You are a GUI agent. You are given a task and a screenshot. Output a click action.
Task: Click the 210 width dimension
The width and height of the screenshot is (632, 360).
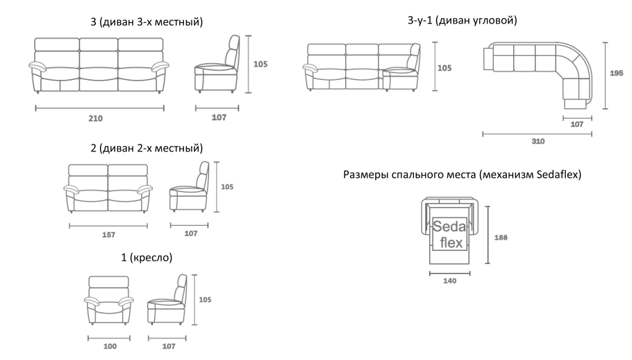pos(95,118)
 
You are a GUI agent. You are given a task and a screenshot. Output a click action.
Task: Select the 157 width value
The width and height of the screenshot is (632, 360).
pos(108,235)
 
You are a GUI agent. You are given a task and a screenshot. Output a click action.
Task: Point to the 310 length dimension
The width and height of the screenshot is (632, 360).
pos(538,141)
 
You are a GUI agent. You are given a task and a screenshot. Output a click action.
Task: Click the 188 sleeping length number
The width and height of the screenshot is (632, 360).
pos(500,237)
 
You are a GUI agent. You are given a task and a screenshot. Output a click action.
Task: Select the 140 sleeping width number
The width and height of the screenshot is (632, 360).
pos(450,281)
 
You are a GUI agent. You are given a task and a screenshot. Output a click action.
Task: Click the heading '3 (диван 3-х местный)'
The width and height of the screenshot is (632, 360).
pos(147,22)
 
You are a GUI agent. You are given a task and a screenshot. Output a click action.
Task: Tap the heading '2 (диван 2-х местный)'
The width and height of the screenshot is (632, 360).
pos(147,148)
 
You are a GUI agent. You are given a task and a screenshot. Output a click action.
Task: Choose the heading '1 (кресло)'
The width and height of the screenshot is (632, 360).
pos(147,257)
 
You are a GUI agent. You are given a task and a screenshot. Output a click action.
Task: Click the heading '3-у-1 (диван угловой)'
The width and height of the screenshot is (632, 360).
pos(462,21)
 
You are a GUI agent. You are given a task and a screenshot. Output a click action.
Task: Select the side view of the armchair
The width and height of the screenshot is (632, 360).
pos(167,301)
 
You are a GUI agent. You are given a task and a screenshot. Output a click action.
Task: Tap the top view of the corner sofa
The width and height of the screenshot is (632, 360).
pos(538,73)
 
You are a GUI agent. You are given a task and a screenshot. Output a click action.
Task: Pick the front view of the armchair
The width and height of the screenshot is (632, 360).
pos(109,300)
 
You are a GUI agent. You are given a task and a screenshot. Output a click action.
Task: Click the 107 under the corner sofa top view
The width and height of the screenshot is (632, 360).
pos(576,124)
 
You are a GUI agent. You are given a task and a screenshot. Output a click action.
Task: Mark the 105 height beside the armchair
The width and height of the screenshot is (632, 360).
pos(204,300)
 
